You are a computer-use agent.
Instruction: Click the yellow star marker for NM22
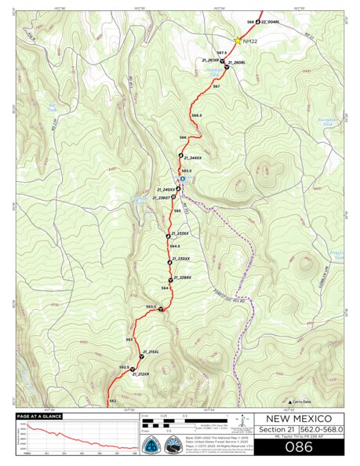coord(238,41)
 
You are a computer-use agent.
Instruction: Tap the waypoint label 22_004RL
coord(271,22)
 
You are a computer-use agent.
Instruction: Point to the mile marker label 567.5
coord(221,53)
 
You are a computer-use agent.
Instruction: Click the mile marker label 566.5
coord(196,115)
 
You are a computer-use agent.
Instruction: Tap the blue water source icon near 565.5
coord(183,179)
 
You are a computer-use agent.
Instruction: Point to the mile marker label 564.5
coord(174,246)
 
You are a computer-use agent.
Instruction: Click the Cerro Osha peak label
coord(306,399)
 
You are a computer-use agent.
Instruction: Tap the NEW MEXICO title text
coord(298,418)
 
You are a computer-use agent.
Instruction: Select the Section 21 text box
coord(274,430)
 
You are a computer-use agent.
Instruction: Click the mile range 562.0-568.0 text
coord(323,430)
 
